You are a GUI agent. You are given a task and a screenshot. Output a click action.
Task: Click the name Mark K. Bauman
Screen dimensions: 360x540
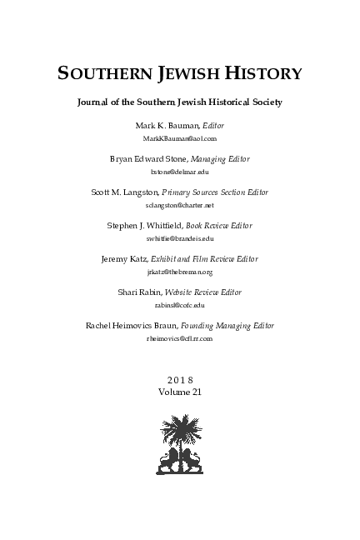tap(153, 124)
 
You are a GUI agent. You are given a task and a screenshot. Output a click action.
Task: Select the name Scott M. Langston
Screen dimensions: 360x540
tap(123, 192)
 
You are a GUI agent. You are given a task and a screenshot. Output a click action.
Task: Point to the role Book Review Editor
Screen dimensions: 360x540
tap(218, 226)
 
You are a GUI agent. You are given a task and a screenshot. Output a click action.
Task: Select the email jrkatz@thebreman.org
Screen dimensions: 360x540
tap(180, 271)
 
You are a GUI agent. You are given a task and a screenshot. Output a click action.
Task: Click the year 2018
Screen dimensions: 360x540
tap(180, 380)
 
